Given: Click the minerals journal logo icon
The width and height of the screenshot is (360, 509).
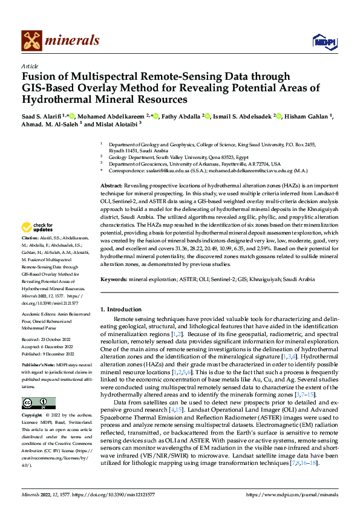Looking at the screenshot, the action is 31,41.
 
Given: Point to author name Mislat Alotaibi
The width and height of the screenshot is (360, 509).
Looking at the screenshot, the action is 113,125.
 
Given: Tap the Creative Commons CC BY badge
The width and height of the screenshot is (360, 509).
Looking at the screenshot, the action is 39,403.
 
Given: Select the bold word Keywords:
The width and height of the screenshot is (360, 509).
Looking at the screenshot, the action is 114,280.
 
